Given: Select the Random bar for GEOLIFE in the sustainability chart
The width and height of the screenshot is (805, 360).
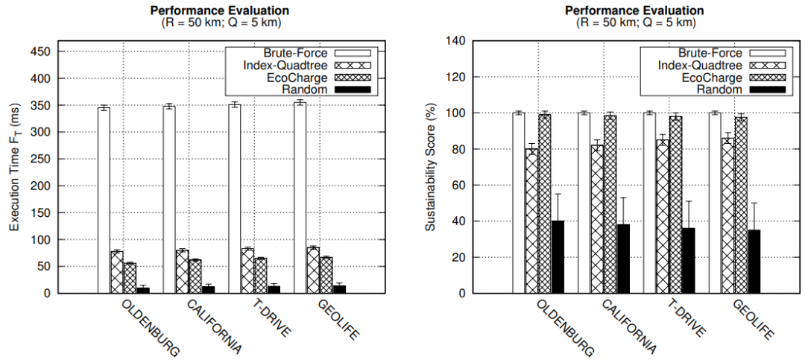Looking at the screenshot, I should pos(754,261).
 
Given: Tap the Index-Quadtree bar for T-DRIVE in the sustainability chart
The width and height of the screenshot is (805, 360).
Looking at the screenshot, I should pos(663,216).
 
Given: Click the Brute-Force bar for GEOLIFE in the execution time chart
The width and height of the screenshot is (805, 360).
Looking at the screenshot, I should pos(300,197).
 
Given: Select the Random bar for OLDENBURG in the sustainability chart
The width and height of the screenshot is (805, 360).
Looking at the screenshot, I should pos(558,256).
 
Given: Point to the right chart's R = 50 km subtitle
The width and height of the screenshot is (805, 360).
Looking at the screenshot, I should pos(634,22).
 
